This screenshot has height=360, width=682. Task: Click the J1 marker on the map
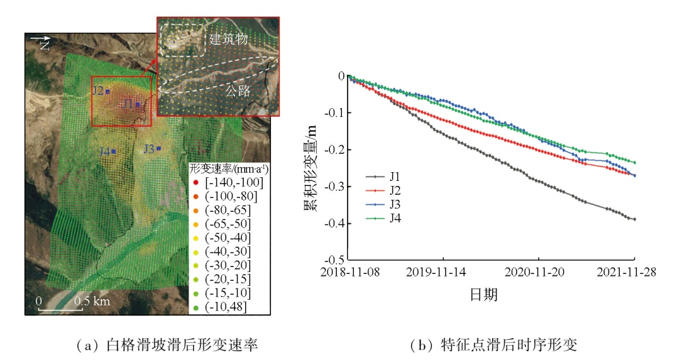pos(138,105)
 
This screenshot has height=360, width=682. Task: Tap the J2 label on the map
pos(98,90)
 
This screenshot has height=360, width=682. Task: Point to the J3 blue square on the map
pos(159,149)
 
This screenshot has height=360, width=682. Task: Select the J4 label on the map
pos(104,151)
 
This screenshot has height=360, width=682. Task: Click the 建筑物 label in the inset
pos(228,40)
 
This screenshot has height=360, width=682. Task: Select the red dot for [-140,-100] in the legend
pos(196,183)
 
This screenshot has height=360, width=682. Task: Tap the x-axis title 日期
pos(484,294)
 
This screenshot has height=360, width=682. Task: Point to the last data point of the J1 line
pos(634,219)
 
